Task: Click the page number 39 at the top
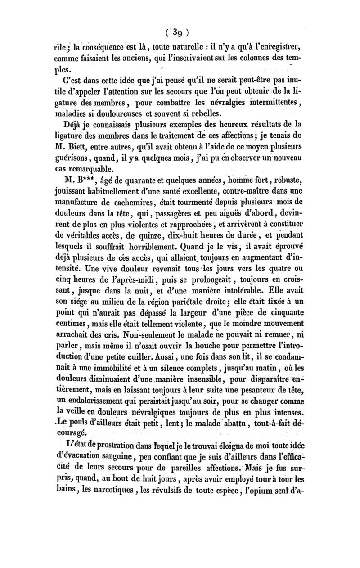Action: [x=180, y=32]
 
